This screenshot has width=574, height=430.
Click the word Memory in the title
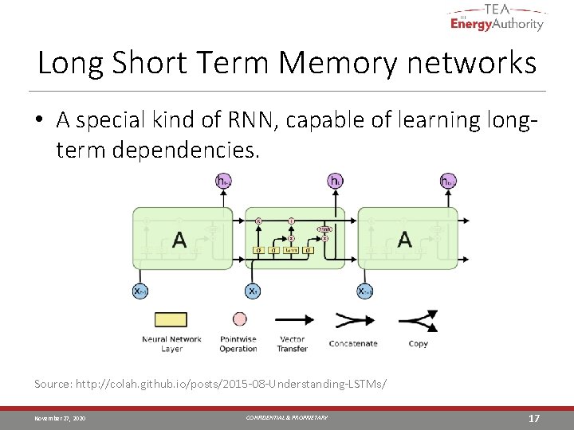336,62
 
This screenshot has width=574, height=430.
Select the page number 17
535,418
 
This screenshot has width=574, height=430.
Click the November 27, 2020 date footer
60,418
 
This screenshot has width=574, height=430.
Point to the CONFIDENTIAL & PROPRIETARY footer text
285,418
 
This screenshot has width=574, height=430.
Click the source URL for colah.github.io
231,384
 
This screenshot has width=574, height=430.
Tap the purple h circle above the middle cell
335,182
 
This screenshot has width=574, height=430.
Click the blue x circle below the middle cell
253,291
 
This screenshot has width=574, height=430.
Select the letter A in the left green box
179,239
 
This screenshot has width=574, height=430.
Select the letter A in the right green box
405,239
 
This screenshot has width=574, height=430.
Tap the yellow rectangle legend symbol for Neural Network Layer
171,320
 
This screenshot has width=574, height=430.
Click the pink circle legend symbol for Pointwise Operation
238,319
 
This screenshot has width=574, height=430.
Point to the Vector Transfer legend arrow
293,320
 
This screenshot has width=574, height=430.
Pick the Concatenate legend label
352,344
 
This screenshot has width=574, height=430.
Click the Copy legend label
418,344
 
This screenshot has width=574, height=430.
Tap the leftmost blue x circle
140,291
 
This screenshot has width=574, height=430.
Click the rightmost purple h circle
448,182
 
